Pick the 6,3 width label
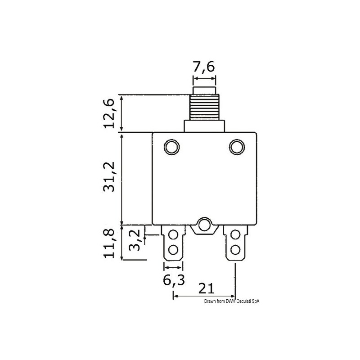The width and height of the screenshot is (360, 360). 173,281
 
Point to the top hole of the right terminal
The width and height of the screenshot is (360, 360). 234,234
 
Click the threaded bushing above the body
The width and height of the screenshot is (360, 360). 204,108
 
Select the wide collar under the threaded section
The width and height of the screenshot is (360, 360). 204,126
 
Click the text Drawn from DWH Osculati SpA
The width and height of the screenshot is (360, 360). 232,302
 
